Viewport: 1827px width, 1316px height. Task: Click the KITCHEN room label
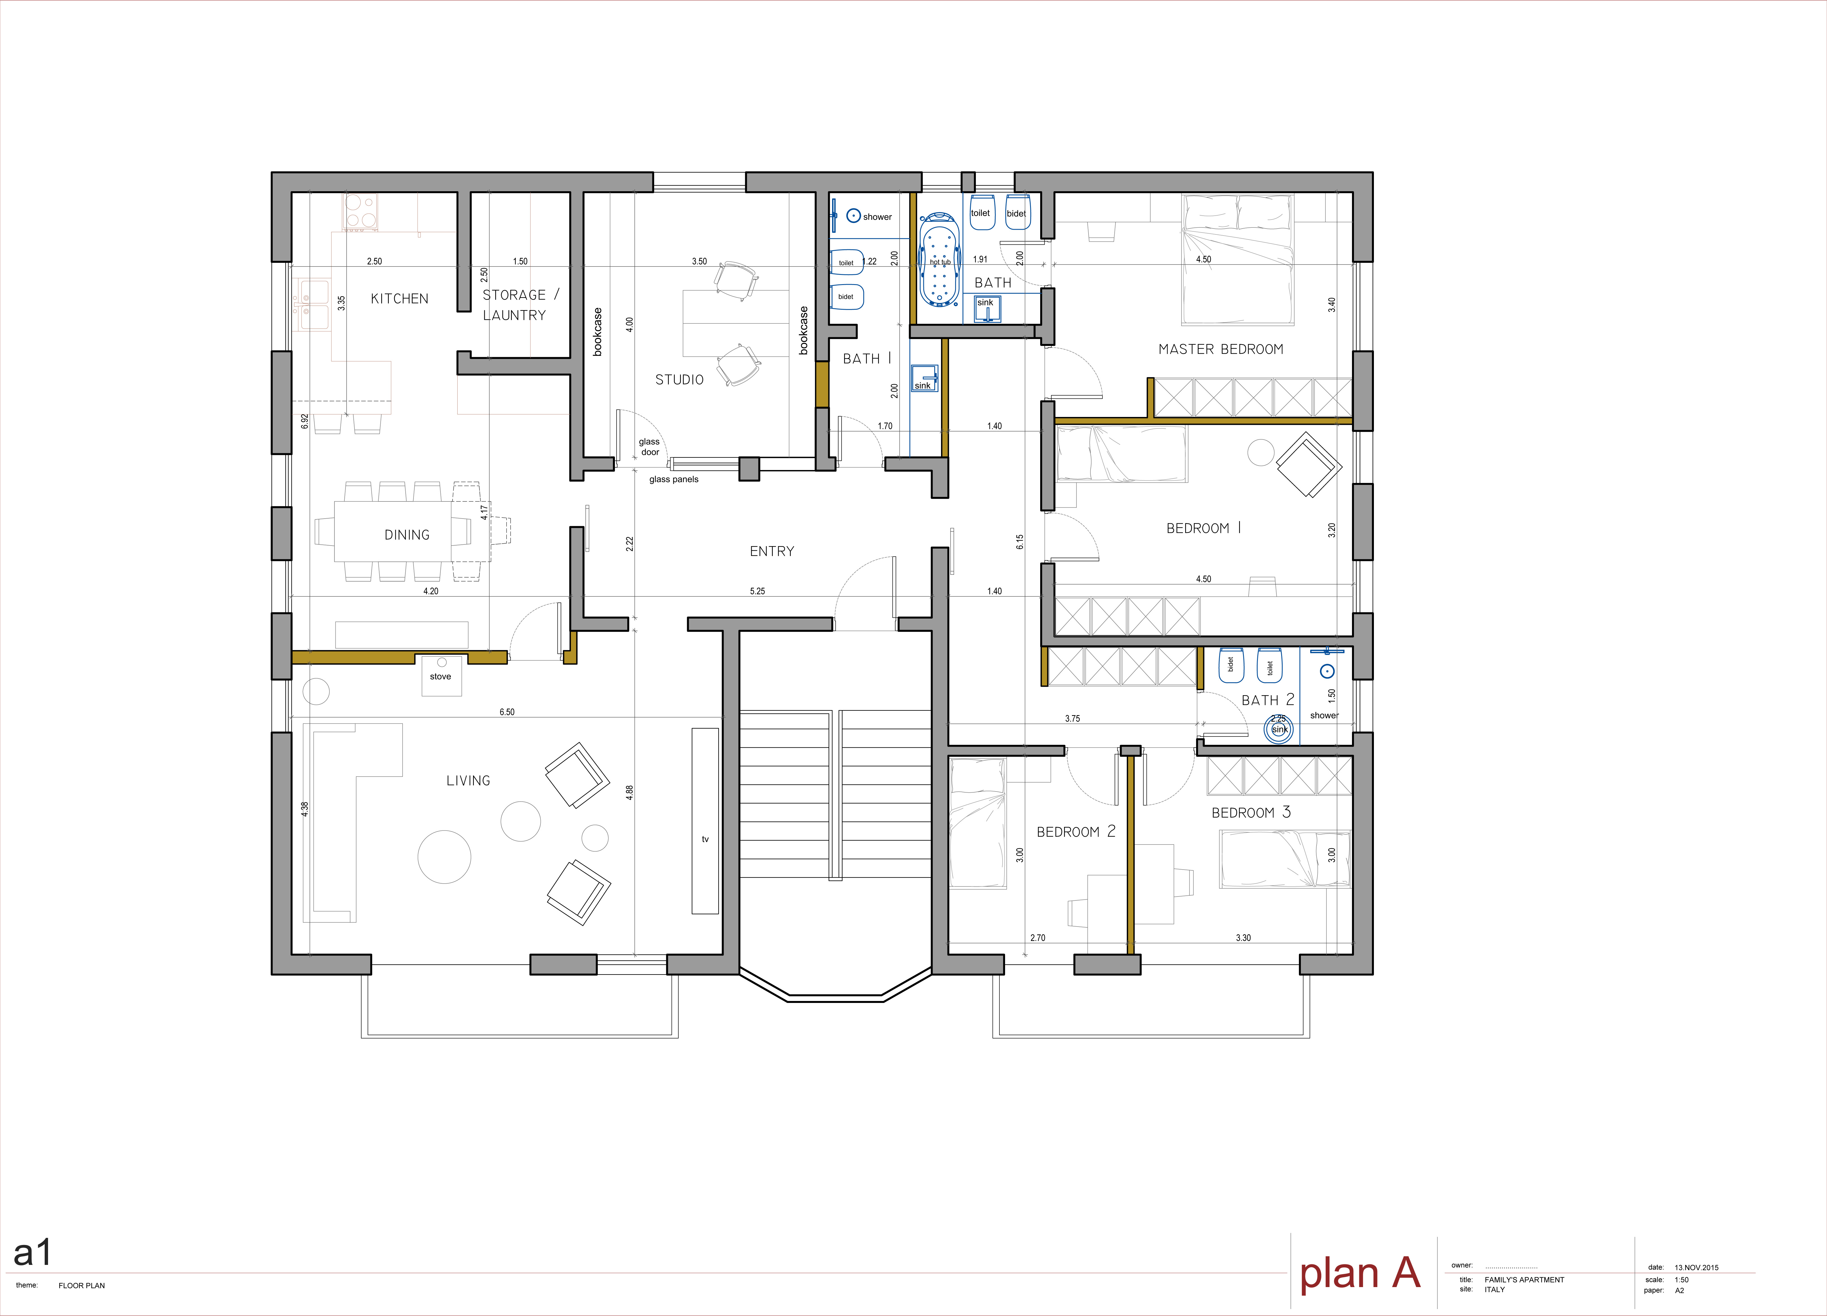399,299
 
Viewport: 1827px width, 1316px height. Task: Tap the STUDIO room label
679,379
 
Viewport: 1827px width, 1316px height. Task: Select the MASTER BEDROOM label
1221,349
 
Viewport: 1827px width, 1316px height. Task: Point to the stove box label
441,676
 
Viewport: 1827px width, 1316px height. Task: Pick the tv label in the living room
705,839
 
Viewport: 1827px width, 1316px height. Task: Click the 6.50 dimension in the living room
507,712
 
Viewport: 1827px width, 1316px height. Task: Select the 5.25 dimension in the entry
757,591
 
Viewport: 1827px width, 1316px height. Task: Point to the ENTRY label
772,552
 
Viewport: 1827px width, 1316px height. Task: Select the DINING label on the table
407,535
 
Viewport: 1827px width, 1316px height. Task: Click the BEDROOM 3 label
1251,813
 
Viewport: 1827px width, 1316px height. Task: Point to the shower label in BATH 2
1324,715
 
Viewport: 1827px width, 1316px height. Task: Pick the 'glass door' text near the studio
649,447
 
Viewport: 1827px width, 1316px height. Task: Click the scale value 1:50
1682,1280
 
